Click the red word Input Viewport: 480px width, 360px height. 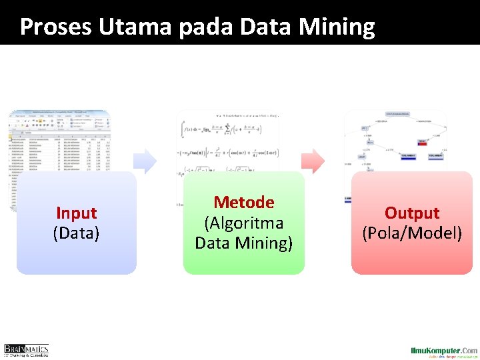point(77,213)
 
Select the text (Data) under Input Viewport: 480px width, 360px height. point(77,233)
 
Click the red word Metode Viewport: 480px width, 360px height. point(244,202)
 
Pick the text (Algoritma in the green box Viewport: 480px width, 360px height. point(244,223)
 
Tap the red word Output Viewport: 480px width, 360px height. point(412,213)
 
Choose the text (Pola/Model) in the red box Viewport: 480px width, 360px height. point(412,233)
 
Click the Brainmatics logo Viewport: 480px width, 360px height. point(26,350)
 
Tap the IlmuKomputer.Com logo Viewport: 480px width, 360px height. point(443,351)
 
